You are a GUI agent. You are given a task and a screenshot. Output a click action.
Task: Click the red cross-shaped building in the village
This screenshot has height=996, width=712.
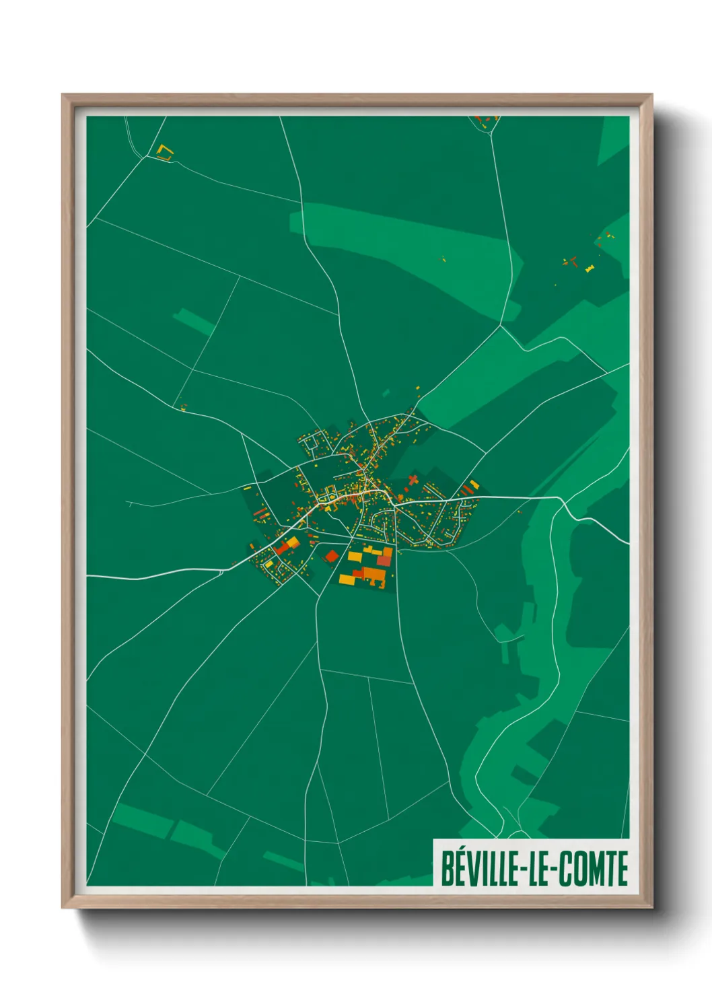[413, 480]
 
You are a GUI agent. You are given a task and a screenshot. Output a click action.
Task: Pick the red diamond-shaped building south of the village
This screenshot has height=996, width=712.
[331, 556]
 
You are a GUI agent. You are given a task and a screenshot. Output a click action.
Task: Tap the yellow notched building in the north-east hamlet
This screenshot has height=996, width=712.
[590, 269]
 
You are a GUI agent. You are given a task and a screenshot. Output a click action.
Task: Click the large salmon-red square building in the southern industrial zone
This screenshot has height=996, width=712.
[384, 559]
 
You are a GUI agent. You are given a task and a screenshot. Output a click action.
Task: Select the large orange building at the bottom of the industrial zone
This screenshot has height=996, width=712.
[372, 574]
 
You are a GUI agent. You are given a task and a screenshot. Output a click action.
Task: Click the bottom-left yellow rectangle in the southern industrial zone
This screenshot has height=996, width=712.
[347, 579]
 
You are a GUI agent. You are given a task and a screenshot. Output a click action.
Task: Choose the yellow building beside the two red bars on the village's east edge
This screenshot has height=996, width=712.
[474, 484]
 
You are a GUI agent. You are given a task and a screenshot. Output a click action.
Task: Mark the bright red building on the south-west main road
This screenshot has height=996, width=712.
[283, 548]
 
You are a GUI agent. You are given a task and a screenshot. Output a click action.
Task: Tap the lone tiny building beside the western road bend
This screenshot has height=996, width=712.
[183, 406]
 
